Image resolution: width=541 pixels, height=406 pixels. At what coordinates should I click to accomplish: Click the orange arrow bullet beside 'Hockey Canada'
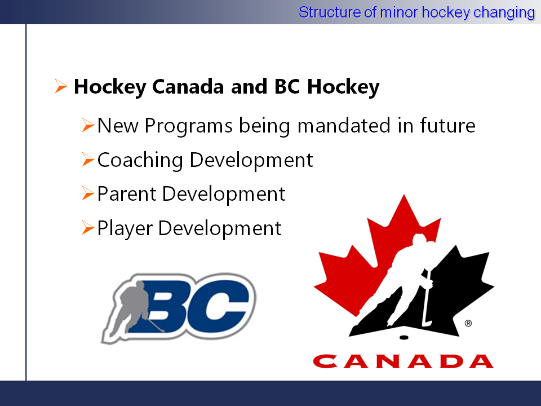61,86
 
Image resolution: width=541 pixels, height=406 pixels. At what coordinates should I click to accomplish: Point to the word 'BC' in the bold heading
287,86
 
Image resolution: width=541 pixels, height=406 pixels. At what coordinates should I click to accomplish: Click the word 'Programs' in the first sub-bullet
188,126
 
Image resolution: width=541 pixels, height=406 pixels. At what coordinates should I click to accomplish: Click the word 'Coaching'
140,161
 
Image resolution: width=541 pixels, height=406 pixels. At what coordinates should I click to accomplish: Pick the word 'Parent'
127,193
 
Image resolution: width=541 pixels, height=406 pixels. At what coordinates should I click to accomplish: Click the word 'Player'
125,229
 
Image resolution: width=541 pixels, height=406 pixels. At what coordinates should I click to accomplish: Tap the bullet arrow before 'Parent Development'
88,193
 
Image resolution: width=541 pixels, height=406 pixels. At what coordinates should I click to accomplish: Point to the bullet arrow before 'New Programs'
88,125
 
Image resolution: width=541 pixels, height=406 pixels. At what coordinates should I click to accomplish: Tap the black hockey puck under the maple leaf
403,337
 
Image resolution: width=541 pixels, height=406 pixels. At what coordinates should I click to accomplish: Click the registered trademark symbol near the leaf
468,324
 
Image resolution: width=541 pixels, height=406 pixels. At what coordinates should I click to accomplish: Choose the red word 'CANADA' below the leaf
403,361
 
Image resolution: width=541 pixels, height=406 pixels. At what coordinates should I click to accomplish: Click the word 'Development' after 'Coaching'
251,161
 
